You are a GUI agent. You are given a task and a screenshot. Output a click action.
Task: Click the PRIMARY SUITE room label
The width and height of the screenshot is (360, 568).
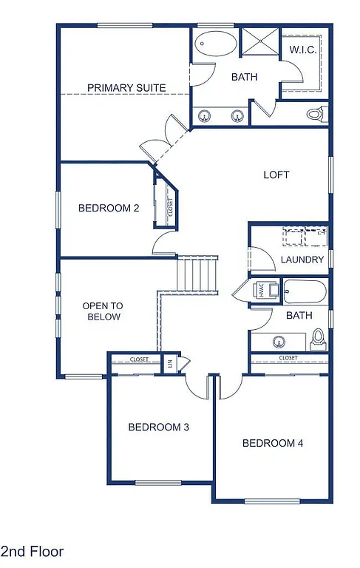click(x=126, y=88)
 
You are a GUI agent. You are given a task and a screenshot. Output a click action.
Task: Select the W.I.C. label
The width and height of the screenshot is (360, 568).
click(x=302, y=50)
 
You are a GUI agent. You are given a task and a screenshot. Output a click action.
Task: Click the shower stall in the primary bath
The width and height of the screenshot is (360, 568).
click(x=260, y=43)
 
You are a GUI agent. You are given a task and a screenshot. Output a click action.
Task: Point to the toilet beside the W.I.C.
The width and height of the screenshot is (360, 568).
click(x=316, y=115)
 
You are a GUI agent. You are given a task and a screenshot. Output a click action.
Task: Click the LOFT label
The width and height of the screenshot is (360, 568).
click(x=276, y=175)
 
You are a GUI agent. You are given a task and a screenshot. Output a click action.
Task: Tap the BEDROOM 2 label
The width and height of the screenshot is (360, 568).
click(x=109, y=208)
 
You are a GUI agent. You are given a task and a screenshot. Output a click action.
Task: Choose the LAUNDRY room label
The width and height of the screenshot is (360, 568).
click(x=302, y=260)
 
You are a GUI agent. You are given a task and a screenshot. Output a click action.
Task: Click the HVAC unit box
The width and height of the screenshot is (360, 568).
click(x=262, y=291)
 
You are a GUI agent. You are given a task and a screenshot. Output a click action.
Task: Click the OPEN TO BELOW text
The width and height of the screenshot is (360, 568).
click(x=102, y=311)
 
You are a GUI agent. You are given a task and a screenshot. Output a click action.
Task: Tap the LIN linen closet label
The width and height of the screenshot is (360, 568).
click(x=170, y=362)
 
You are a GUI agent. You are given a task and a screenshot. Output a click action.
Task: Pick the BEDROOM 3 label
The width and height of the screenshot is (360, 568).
click(x=159, y=427)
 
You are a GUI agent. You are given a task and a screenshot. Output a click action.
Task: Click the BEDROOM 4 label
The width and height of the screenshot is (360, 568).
click(x=273, y=443)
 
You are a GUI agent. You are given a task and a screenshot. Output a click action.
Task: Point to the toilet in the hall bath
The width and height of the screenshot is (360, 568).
click(x=319, y=338)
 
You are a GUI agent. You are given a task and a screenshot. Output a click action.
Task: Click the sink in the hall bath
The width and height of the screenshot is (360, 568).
click(x=279, y=342)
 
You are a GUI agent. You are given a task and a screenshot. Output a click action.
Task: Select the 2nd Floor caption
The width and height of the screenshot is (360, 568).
click(x=33, y=551)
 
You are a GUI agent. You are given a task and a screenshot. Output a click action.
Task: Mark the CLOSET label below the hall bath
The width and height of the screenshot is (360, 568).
click(x=288, y=358)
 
